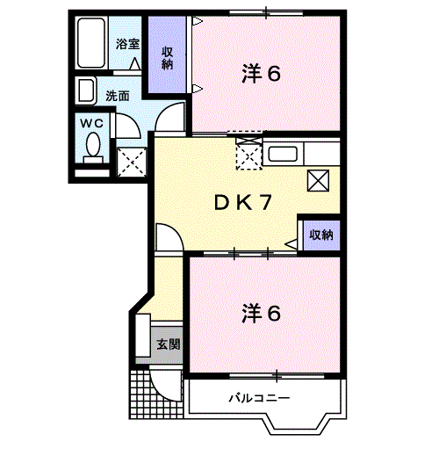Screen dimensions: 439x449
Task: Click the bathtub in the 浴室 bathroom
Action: (x=91, y=43)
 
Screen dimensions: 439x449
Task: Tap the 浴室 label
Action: (x=127, y=44)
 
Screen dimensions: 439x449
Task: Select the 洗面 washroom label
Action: (x=118, y=96)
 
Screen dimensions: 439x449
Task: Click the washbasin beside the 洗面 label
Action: (x=85, y=91)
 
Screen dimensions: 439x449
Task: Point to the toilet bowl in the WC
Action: (x=93, y=145)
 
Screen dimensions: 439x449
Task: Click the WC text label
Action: (x=92, y=123)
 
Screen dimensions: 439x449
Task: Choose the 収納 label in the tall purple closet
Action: (x=167, y=58)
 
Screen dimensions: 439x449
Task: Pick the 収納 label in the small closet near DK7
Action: (x=321, y=235)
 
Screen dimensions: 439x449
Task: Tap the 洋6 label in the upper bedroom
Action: (x=262, y=73)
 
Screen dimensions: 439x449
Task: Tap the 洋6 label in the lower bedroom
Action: (x=262, y=314)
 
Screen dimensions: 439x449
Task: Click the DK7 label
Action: (x=243, y=203)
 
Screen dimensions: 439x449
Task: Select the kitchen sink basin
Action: (x=283, y=154)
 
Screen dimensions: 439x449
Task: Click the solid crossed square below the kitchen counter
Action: (x=318, y=181)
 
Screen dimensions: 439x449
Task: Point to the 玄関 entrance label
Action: (x=169, y=344)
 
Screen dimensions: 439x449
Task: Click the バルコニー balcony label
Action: (x=259, y=398)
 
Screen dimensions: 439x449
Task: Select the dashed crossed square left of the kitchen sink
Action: (x=248, y=156)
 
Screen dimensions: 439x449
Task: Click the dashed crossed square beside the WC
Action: (x=132, y=162)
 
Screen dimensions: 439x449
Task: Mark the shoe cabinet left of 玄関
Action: (x=143, y=336)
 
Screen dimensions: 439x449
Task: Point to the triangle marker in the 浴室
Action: (x=134, y=63)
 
